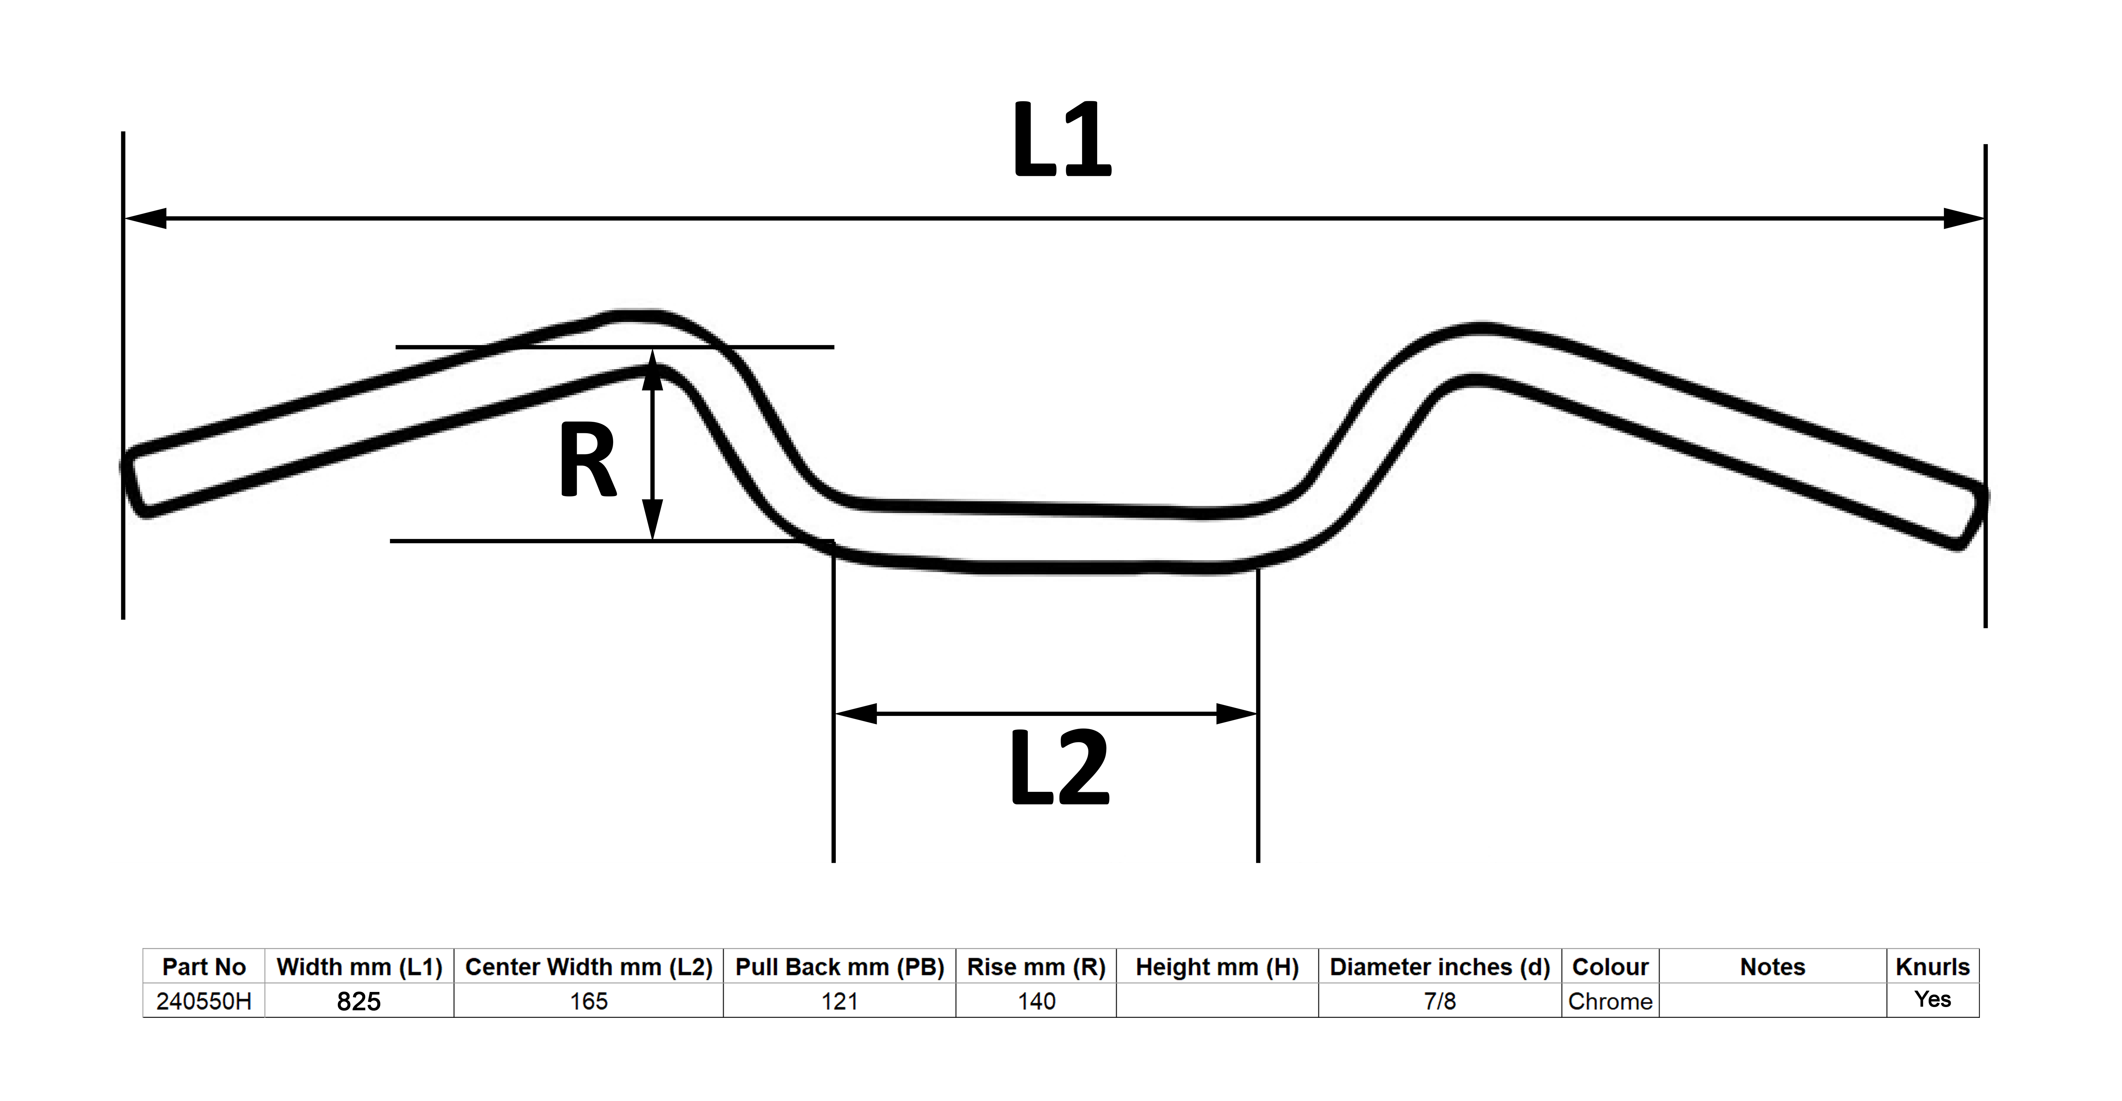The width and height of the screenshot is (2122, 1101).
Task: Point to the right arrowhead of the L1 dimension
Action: click(1963, 218)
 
